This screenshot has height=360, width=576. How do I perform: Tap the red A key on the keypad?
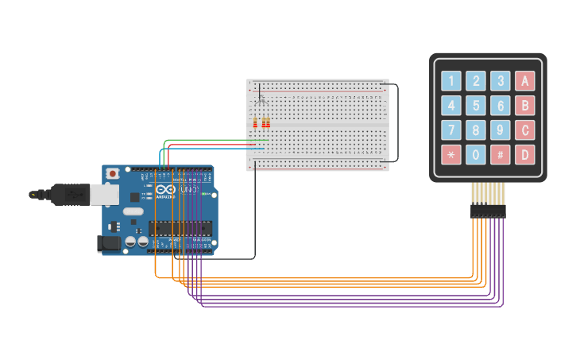pyautogui.click(x=524, y=80)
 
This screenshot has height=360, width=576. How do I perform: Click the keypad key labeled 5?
pyautogui.click(x=475, y=106)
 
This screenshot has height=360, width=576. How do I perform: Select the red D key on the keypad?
pyautogui.click(x=524, y=154)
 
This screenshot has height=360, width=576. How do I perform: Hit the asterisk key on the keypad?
pyautogui.click(x=450, y=154)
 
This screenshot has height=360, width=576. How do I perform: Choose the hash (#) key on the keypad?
pyautogui.click(x=500, y=154)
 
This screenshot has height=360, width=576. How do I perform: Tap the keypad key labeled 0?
pyautogui.click(x=475, y=154)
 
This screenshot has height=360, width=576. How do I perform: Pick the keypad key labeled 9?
pyautogui.click(x=500, y=130)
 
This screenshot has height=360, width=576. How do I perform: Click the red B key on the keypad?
pyautogui.click(x=524, y=106)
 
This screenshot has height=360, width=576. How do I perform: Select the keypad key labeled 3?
pyautogui.click(x=500, y=80)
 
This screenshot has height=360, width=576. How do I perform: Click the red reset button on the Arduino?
pyautogui.click(x=113, y=172)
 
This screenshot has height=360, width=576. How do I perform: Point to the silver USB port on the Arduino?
pyautogui.click(x=103, y=194)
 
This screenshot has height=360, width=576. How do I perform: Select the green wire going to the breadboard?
pyautogui.click(x=215, y=140)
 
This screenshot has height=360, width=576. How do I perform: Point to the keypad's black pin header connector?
pyautogui.click(x=487, y=211)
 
